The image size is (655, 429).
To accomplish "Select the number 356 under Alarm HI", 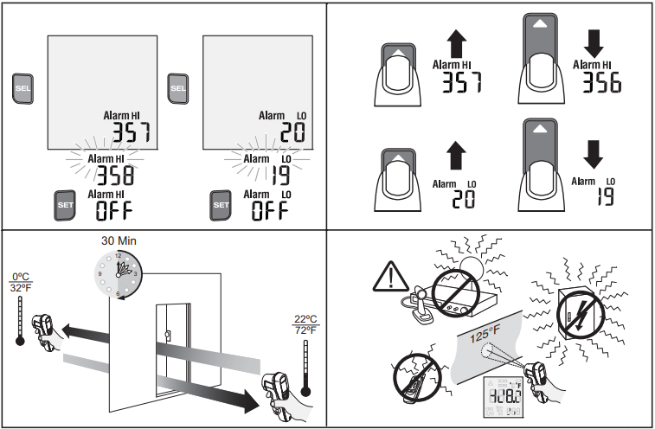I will (597, 83).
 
